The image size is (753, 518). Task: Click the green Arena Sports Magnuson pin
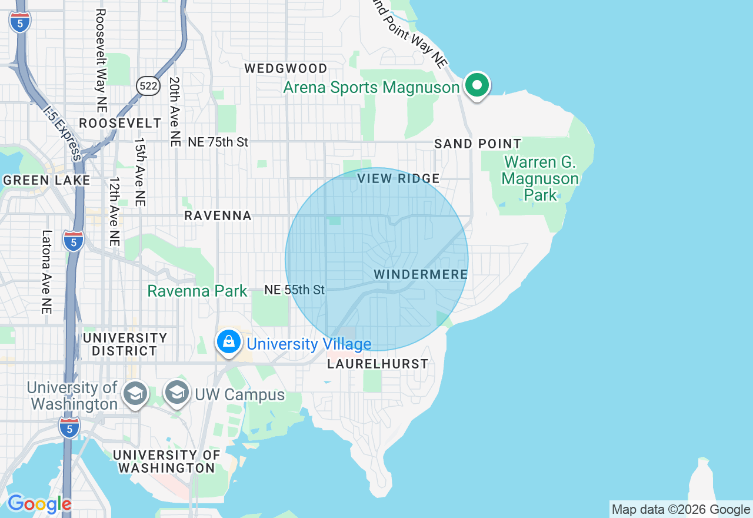pos(477,86)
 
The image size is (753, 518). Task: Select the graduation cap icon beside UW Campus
pos(176,393)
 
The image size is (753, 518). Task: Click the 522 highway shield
pos(149,86)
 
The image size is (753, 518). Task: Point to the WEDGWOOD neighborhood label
pos(286,68)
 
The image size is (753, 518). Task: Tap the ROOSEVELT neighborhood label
pos(120,123)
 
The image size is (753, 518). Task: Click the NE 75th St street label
pos(218,142)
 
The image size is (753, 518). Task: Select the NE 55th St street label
pos(295,290)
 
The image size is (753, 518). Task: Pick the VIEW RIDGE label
pos(399,178)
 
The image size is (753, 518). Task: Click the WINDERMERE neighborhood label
pos(421,274)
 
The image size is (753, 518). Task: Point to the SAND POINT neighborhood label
pos(478,144)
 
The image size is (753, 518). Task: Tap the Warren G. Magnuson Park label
pos(540,178)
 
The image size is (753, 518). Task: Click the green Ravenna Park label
pos(197,291)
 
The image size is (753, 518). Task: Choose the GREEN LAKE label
pos(46,180)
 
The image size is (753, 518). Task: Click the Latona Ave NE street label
pos(47,271)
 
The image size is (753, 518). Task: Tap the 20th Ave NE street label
pos(175,111)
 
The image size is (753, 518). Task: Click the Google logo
pos(39,504)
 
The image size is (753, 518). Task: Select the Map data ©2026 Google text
pos(681,509)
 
